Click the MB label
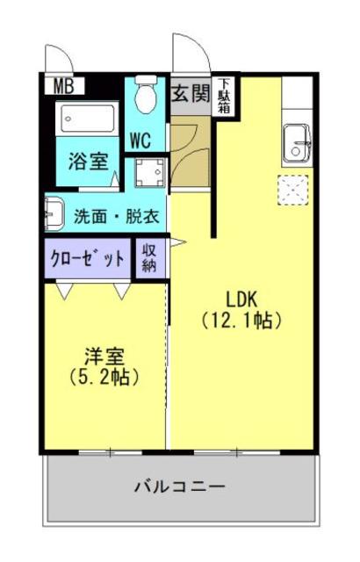(x=64, y=87)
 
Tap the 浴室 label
(x=89, y=162)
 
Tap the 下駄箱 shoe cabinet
(x=226, y=96)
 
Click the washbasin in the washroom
(x=54, y=213)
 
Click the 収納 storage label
(x=149, y=258)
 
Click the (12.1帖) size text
(x=241, y=321)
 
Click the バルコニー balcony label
(x=180, y=486)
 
